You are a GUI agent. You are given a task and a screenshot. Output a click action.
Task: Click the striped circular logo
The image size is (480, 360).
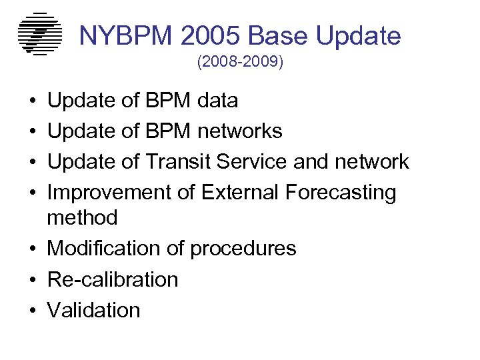click(x=39, y=33)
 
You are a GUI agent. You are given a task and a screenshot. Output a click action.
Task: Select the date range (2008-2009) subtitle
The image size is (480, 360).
click(x=240, y=63)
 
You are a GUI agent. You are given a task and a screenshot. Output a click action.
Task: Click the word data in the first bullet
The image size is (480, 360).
click(x=218, y=101)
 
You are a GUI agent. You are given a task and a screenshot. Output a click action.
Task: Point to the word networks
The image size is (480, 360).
click(x=240, y=131)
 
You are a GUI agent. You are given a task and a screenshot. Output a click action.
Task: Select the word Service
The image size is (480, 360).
click(x=259, y=162)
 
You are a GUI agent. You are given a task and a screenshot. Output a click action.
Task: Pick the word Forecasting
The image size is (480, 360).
click(x=341, y=193)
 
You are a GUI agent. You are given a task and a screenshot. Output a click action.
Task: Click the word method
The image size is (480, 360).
click(x=82, y=217)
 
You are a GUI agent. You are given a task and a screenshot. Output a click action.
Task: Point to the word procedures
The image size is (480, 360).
click(x=243, y=249)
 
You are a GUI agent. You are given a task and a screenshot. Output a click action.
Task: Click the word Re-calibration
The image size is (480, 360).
click(x=113, y=279)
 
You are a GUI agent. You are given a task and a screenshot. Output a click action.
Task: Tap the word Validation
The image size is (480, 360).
click(x=93, y=310)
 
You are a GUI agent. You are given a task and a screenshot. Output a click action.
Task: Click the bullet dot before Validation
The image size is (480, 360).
click(x=33, y=311)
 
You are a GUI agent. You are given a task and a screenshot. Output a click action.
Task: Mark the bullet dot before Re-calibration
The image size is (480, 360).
click(x=33, y=280)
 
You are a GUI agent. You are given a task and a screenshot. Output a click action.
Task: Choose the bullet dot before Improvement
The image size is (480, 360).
click(x=33, y=193)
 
